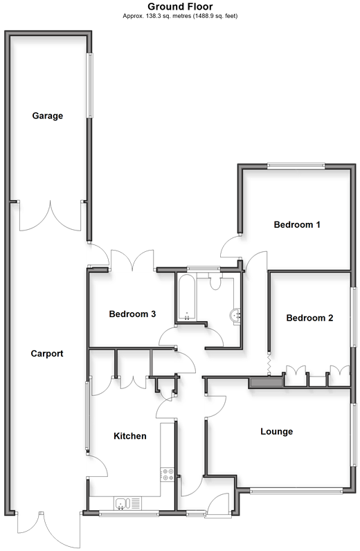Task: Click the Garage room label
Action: pos(48,116)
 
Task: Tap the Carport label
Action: pos(47,354)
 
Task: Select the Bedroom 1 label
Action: pos(297,224)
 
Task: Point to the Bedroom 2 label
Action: pos(309,318)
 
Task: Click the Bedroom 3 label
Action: pos(132,314)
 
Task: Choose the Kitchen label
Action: pos(130,436)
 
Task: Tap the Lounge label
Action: pos(277,432)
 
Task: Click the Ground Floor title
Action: pos(180,6)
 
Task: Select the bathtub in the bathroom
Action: pos(186,297)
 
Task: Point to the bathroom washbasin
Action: pos(235,316)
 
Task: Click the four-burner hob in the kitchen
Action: pos(168,474)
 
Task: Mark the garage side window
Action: pos(91,85)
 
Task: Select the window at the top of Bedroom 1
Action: pos(296,165)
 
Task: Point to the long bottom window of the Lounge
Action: pos(296,491)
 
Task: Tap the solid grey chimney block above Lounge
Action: pos(266,382)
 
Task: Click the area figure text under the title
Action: pos(180,16)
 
